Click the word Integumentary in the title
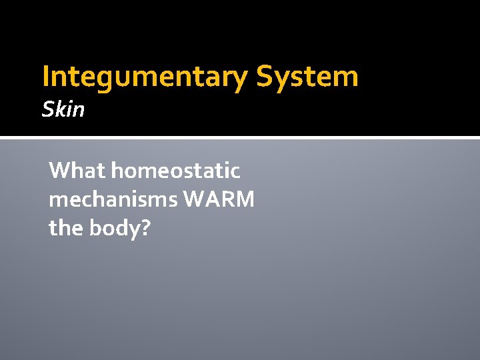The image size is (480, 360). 144,77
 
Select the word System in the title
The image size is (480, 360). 307,77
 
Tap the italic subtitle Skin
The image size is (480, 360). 63,109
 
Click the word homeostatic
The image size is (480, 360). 175,171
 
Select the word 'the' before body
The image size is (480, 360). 65,228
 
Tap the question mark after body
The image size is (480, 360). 146,228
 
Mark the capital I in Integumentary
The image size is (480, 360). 45,77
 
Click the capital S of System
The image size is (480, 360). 264,77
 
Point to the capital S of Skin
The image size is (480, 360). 47,109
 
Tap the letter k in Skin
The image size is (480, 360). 59,109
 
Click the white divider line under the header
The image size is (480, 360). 240,138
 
